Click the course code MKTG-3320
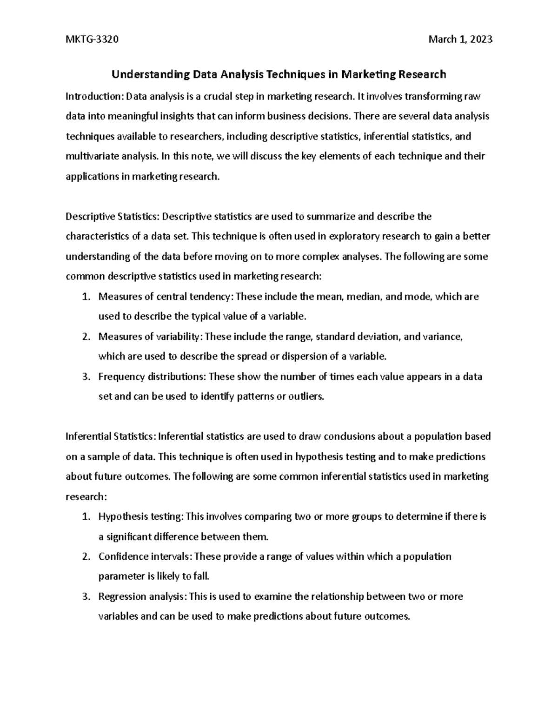coord(92,40)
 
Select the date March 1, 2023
coord(460,40)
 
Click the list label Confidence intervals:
coord(145,556)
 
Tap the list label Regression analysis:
coord(143,596)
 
